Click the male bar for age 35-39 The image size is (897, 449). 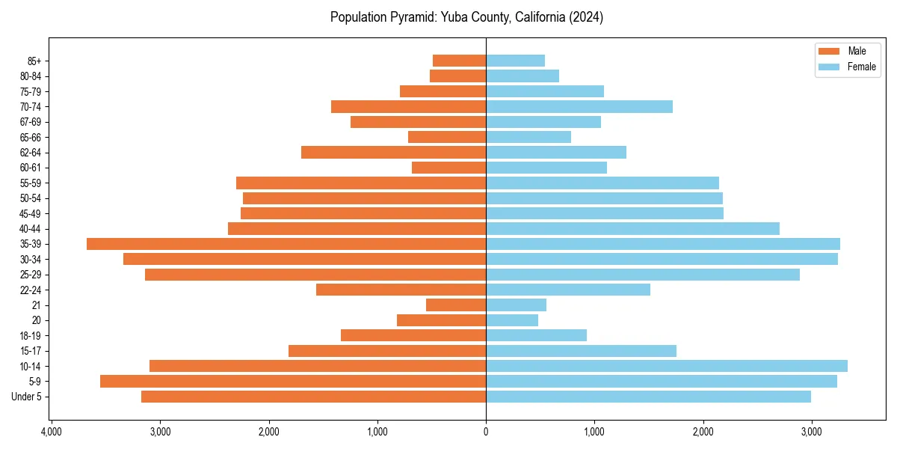tap(286, 244)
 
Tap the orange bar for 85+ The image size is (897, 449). tap(459, 61)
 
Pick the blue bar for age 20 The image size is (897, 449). tap(512, 320)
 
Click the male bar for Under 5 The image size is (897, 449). tap(313, 397)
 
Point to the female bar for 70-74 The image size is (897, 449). tap(579, 107)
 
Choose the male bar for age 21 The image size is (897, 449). tap(456, 305)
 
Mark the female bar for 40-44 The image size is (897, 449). tap(632, 229)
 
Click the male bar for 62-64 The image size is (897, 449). tap(393, 153)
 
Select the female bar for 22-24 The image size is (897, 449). tap(568, 290)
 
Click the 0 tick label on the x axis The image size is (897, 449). tap(486, 432)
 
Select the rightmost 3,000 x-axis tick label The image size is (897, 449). tap(812, 432)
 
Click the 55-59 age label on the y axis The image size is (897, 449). tap(31, 183)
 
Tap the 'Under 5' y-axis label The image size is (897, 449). tap(27, 397)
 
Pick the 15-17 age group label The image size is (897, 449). tap(31, 351)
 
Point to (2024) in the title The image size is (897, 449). tap(585, 17)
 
